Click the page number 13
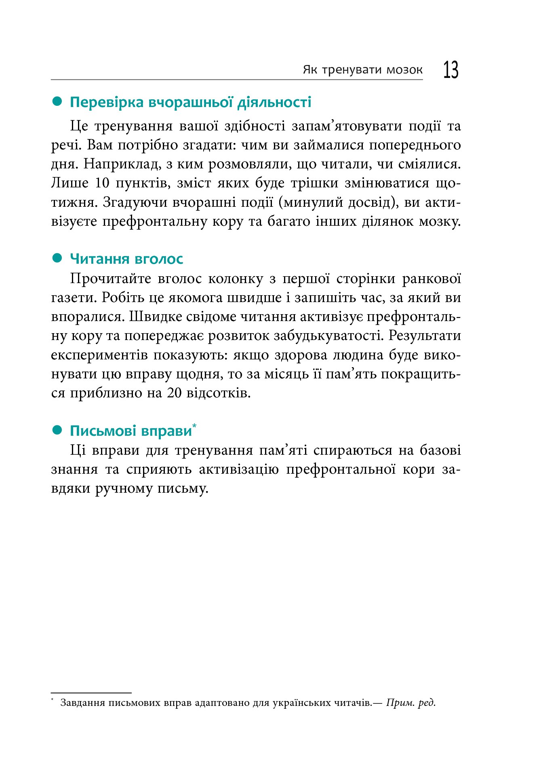point(451,70)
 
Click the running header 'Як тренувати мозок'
point(362,70)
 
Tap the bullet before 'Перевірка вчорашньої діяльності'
point(57,101)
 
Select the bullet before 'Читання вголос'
point(57,258)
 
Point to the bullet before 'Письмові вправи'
point(57,430)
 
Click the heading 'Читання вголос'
point(126,259)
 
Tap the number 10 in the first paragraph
point(102,183)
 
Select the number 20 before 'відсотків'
point(175,393)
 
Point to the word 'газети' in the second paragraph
point(74,298)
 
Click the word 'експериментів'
point(99,355)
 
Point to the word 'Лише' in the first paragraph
point(69,183)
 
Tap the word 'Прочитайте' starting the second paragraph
point(110,279)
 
